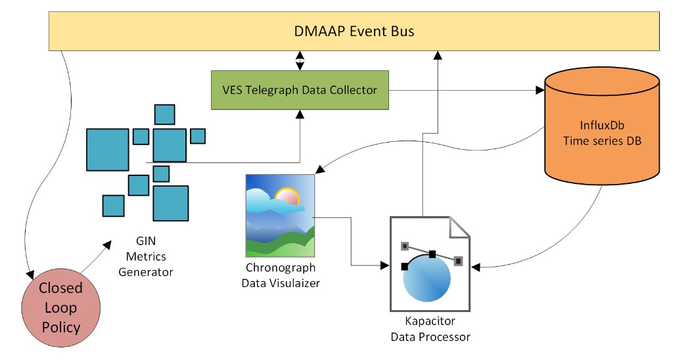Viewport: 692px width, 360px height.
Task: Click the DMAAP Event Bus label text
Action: [x=354, y=32]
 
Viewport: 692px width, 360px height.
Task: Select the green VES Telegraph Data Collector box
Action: [x=300, y=90]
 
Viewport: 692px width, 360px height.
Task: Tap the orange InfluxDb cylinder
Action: [x=602, y=126]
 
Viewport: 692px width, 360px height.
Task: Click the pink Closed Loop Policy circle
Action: [x=61, y=307]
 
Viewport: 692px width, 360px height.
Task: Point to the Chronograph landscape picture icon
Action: [x=280, y=215]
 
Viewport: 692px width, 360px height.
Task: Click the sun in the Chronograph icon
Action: [x=287, y=196]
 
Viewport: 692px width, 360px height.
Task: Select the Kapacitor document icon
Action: [x=430, y=264]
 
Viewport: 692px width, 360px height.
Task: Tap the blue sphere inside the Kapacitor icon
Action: [x=427, y=277]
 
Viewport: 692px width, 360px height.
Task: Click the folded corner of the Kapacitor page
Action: [x=459, y=227]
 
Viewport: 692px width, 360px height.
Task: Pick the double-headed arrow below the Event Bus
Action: [x=300, y=60]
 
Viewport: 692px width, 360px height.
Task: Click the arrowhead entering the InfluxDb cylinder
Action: [x=540, y=90]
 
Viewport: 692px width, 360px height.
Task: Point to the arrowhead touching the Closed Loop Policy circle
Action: [x=30, y=275]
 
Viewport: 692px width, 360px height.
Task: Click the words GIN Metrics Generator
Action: [x=146, y=256]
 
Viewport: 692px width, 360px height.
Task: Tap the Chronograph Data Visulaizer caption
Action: [x=281, y=275]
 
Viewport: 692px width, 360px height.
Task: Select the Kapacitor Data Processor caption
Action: [x=430, y=328]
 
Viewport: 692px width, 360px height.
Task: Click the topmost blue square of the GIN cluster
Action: [x=164, y=114]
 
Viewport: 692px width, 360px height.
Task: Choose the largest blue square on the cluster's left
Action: [x=108, y=150]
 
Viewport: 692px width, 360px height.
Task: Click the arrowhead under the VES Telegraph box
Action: [x=300, y=114]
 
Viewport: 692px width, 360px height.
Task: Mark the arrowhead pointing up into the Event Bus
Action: [x=438, y=55]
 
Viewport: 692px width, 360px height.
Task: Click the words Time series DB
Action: [x=602, y=141]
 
